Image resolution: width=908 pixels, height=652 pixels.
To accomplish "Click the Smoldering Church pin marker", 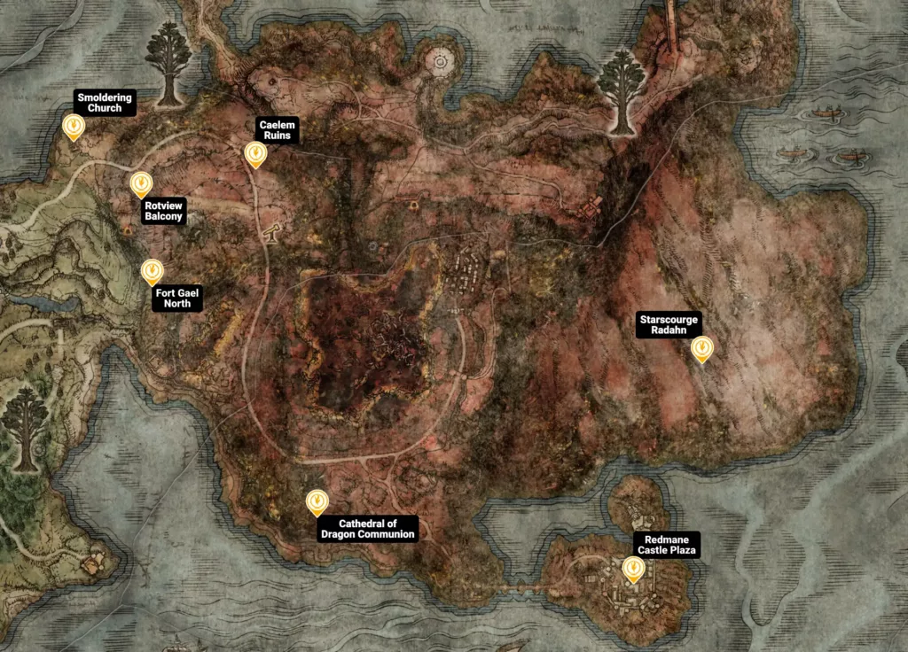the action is pyautogui.click(x=74, y=128).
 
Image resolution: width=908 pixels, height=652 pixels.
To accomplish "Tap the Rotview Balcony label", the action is pyautogui.click(x=163, y=211).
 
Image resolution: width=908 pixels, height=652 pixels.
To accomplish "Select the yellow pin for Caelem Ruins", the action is pyautogui.click(x=255, y=155).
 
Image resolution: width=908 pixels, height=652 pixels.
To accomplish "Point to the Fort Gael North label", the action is pyautogui.click(x=177, y=298).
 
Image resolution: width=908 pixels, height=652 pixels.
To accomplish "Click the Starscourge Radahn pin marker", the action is pyautogui.click(x=702, y=348).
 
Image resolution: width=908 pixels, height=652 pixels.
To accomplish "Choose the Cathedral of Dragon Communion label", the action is pyautogui.click(x=366, y=529).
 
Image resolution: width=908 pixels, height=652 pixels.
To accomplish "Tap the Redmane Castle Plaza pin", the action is pyautogui.click(x=633, y=569).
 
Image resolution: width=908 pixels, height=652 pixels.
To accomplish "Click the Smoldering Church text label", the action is pyautogui.click(x=105, y=103).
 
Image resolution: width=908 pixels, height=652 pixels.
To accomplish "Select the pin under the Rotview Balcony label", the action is pyautogui.click(x=140, y=184).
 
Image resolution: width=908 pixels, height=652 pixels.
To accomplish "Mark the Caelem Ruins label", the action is pyautogui.click(x=278, y=130).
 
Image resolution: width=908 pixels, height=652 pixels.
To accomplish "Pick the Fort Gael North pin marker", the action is pyautogui.click(x=153, y=271).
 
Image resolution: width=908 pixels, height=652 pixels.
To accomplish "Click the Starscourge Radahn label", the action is pyautogui.click(x=669, y=325).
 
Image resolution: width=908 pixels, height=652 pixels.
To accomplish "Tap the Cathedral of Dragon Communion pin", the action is pyautogui.click(x=317, y=502).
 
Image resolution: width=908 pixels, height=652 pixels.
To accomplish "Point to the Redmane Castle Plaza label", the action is pyautogui.click(x=667, y=545).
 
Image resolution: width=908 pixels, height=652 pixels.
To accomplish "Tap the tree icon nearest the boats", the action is pyautogui.click(x=621, y=89).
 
